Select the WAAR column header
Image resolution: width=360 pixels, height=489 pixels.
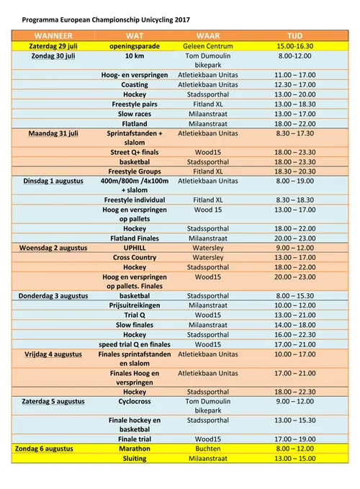pos(207,35)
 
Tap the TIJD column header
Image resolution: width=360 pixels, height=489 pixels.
pos(294,35)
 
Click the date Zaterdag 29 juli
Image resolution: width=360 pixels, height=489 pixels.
pos(53,45)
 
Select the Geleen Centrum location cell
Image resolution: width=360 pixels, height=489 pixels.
pos(207,45)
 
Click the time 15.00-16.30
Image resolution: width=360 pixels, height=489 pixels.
pos(294,45)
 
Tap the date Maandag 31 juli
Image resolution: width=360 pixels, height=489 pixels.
pos(53,133)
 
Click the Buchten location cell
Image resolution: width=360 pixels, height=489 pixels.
pos(207,448)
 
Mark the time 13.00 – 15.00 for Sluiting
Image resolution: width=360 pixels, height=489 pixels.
pos(294,457)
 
